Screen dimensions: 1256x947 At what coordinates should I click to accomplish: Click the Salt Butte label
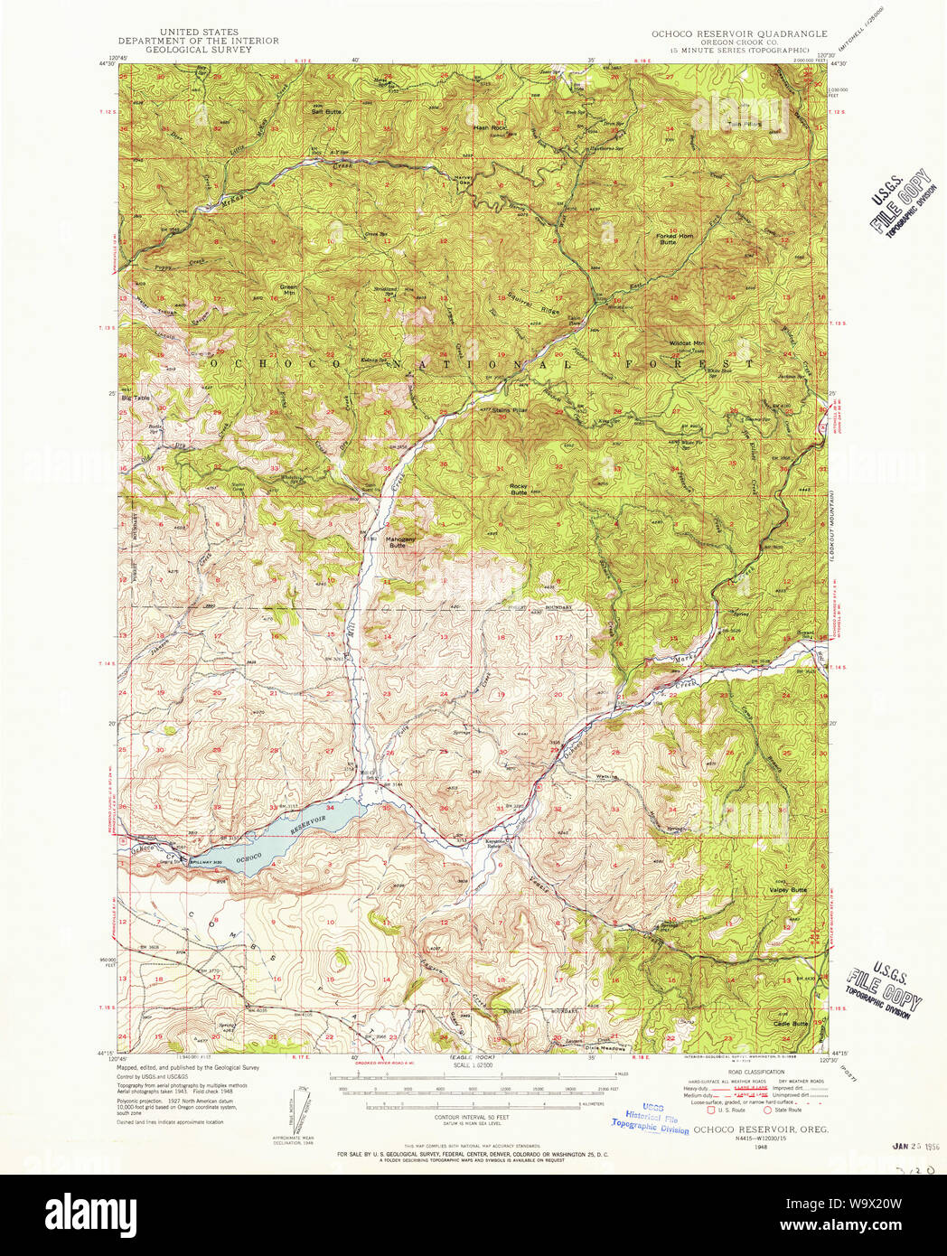[x=326, y=111]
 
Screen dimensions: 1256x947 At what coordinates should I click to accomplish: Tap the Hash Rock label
[x=490, y=127]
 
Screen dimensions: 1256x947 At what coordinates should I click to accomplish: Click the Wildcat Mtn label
[x=687, y=344]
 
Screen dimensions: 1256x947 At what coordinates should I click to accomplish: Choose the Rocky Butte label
[x=519, y=489]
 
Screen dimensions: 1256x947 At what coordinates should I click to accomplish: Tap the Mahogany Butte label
[x=402, y=542]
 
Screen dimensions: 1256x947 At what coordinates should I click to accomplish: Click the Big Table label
[x=136, y=398]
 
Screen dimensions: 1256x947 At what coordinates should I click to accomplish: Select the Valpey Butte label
[x=788, y=890]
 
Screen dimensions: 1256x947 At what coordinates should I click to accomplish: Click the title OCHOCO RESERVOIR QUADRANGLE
[x=739, y=33]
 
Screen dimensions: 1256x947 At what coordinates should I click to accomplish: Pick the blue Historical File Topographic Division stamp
[x=650, y=1118]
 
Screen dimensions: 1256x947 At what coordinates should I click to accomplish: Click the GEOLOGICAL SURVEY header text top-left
[x=198, y=50]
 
